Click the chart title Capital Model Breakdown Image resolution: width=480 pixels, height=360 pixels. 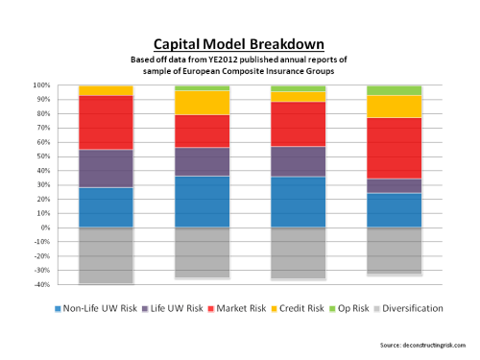click(x=240, y=44)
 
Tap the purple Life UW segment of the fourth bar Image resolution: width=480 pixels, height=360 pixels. click(x=394, y=185)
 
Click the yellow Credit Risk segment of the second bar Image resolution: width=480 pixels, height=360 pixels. click(x=202, y=102)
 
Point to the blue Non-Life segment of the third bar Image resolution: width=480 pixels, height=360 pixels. click(x=298, y=202)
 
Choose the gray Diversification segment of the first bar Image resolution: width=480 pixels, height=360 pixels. click(x=106, y=255)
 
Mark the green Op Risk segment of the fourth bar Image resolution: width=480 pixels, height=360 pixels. click(x=394, y=89)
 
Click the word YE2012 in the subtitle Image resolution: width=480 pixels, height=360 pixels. click(x=218, y=60)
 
